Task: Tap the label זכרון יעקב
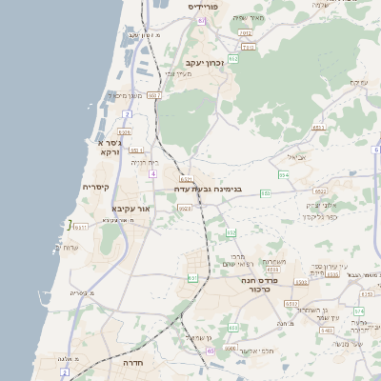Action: tap(201, 63)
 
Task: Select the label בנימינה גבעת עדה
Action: tap(209, 189)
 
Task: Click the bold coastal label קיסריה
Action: tap(96, 187)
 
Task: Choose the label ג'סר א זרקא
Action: tap(108, 147)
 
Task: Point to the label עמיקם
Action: tap(359, 83)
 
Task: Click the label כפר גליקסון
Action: tap(324, 216)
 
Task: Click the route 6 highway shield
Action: tap(376, 150)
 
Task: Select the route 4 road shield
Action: tap(152, 174)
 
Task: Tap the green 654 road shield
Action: tap(283, 175)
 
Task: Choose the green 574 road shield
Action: tap(358, 311)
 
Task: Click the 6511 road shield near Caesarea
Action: tap(81, 227)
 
